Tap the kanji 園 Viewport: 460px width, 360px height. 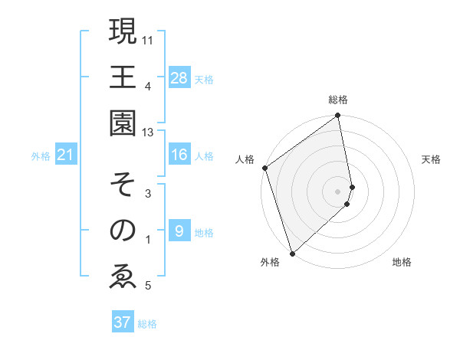pos(123,124)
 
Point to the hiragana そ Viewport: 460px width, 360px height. pos(123,185)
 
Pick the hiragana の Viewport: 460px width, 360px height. pos(123,231)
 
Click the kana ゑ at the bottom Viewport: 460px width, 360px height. pos(123,276)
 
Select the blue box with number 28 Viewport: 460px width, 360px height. pos(179,78)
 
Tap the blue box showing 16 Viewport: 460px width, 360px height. pos(179,155)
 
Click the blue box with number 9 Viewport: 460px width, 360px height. pos(179,231)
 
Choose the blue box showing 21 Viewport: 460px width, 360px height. pos(65,155)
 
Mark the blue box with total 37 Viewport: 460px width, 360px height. pos(122,322)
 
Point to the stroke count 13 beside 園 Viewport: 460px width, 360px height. pos(148,132)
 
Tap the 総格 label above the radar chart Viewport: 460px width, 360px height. pos(337,100)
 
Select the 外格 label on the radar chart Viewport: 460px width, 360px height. pos(270,263)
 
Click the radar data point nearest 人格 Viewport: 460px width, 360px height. pos(264,168)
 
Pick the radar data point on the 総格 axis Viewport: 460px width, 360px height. pos(338,116)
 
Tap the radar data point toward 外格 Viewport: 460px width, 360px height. pos(292,252)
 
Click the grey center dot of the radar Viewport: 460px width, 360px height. pos(337,190)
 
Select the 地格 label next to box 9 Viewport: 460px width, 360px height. pos(204,232)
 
